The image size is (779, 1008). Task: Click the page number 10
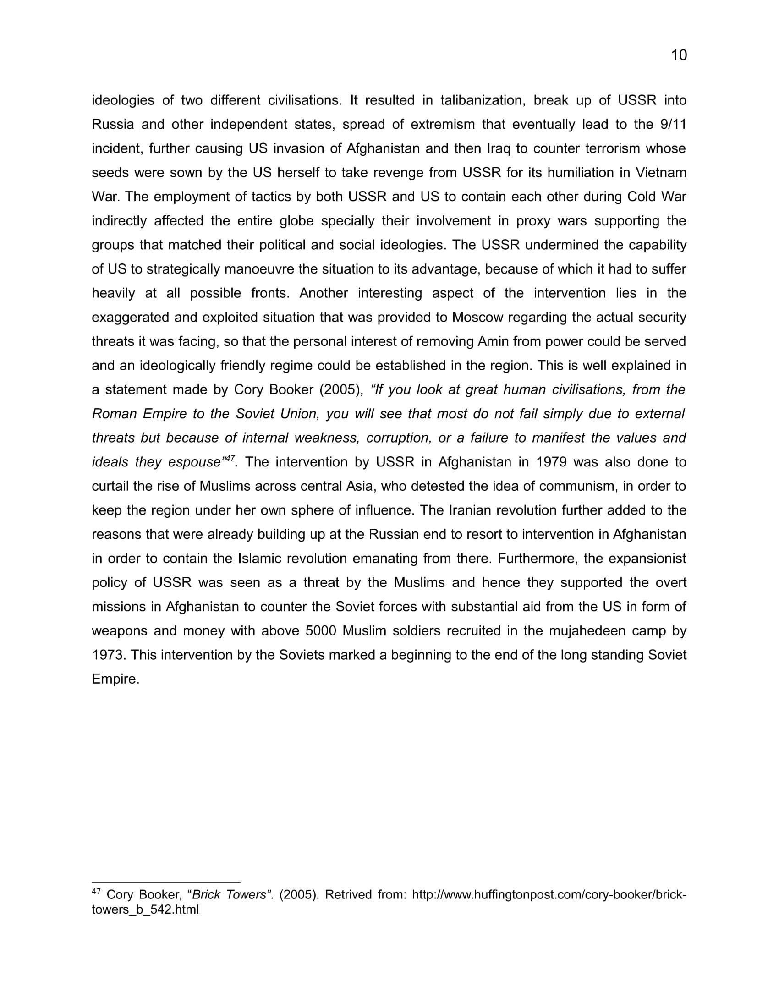[679, 55]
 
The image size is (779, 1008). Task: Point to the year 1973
[109, 655]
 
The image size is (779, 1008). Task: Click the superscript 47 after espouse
[230, 458]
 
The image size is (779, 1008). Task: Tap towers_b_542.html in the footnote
[145, 909]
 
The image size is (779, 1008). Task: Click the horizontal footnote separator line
[166, 882]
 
